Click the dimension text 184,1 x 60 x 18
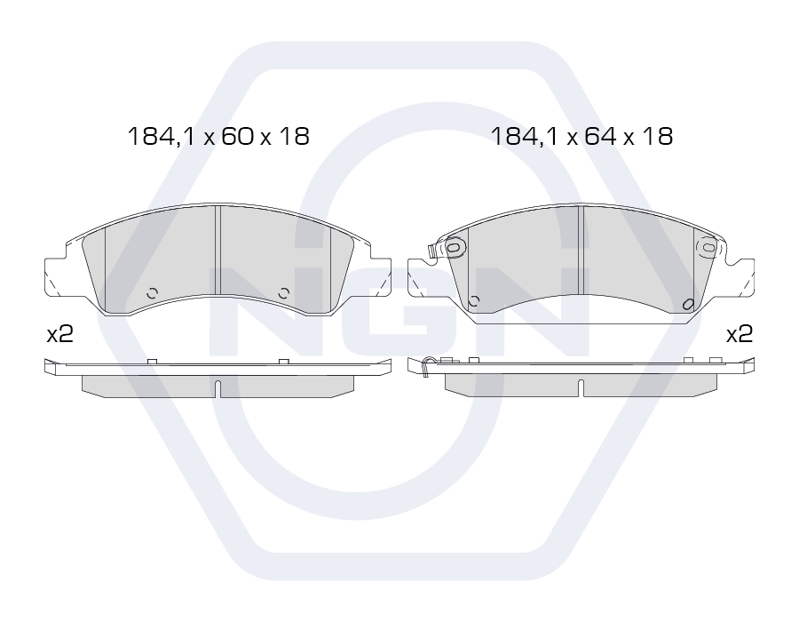(x=218, y=137)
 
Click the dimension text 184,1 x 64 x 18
(x=581, y=137)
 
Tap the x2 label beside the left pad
(x=60, y=334)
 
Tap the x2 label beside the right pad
(x=740, y=334)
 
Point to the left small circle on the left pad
(x=152, y=293)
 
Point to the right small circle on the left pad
(x=284, y=293)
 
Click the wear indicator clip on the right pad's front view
(x=432, y=251)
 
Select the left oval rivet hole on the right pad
(x=453, y=247)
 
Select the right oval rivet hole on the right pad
(x=708, y=247)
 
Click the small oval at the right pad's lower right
(x=688, y=305)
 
